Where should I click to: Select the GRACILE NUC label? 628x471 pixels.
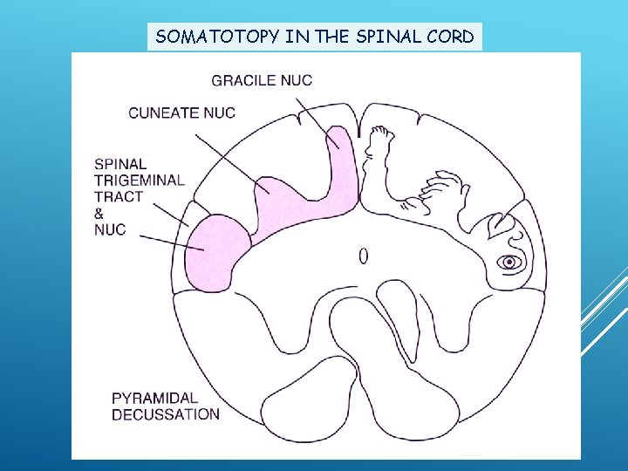tap(262, 80)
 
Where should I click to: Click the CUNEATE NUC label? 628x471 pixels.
tap(181, 113)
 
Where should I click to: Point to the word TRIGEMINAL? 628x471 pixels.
tap(140, 180)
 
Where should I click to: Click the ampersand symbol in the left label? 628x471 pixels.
tap(99, 213)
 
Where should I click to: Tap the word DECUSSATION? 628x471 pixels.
tap(166, 414)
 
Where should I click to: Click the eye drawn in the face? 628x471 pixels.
tap(509, 262)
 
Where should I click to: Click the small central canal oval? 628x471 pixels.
tap(363, 256)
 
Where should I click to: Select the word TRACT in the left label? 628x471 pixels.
tap(118, 196)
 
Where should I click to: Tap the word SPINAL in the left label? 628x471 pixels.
tap(120, 163)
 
